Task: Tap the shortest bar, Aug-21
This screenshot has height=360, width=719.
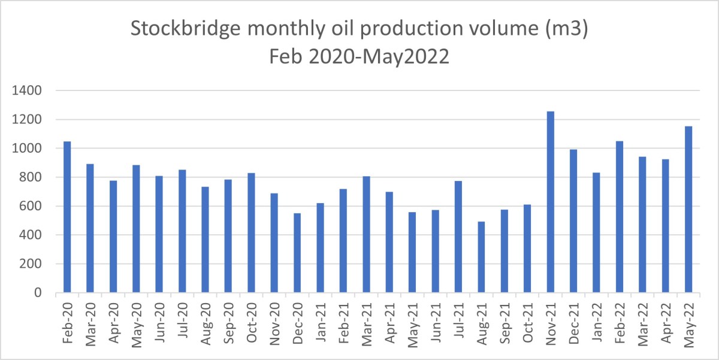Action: (x=481, y=258)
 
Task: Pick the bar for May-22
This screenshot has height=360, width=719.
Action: (x=688, y=210)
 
